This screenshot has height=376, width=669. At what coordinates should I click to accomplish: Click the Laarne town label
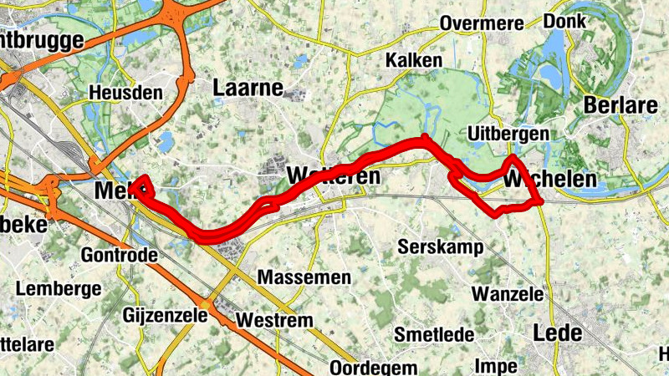click(248, 87)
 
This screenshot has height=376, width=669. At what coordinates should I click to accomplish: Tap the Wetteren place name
click(333, 176)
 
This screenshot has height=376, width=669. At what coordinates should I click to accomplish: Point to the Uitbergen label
click(508, 134)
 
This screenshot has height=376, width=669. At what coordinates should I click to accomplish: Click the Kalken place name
click(413, 61)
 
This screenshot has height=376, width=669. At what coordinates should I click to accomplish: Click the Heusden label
click(125, 92)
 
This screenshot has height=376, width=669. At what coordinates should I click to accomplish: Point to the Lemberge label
click(59, 289)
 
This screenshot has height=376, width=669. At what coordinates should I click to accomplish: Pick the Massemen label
click(299, 276)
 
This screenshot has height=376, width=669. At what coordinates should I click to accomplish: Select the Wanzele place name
click(507, 293)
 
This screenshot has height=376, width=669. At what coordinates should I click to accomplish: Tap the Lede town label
click(557, 333)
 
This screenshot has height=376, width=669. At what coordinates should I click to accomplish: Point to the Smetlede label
click(434, 335)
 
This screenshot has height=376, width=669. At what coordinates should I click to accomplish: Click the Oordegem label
click(373, 368)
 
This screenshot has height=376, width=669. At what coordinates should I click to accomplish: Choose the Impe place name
click(495, 365)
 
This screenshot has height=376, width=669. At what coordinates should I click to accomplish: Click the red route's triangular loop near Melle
click(141, 185)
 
